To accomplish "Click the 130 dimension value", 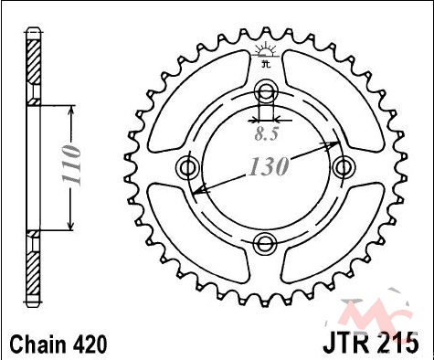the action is click(269, 166).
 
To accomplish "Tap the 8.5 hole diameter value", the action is click(267, 134).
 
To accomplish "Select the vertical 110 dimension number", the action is click(71, 165).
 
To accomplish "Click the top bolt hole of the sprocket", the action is click(266, 90).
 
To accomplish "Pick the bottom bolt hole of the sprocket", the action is click(265, 244).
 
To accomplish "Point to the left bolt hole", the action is click(188, 167).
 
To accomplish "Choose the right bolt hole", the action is click(344, 167).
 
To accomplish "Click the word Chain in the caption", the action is click(37, 344).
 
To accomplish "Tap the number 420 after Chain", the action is click(90, 344).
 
